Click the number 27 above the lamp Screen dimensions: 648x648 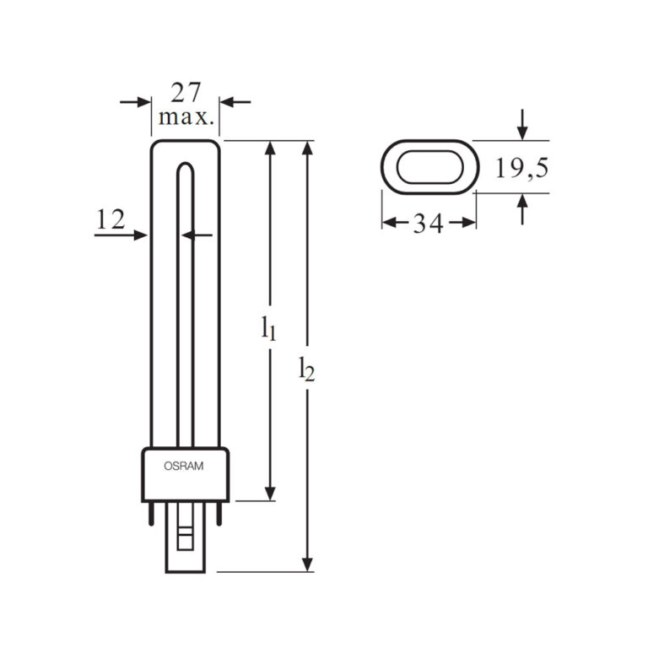click(186, 90)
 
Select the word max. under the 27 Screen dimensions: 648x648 click(186, 116)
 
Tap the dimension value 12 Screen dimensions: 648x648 click(111, 220)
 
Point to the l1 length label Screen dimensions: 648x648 click(268, 327)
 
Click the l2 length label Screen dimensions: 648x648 click(307, 369)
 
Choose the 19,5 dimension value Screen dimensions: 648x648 click(521, 169)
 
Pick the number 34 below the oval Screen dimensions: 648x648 click(429, 224)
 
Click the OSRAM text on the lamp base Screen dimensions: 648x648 click(185, 465)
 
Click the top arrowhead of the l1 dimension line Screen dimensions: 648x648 click(270, 148)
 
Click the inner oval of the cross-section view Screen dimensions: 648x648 click(429, 166)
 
